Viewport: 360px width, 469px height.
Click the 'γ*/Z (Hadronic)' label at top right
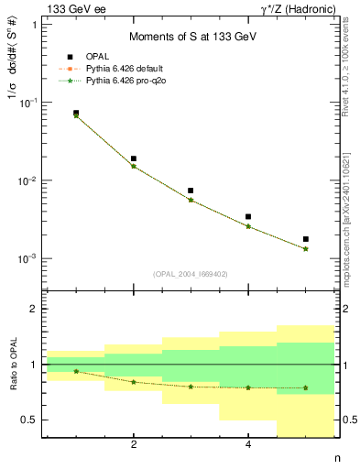(x=295, y=8)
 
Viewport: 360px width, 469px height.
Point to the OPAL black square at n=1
(x=76, y=113)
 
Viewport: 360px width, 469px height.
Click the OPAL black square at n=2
(x=134, y=158)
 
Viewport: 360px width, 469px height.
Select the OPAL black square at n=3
(x=191, y=191)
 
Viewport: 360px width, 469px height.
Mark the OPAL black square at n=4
(x=248, y=217)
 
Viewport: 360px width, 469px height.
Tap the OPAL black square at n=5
(x=306, y=239)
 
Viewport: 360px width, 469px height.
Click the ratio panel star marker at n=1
(x=76, y=371)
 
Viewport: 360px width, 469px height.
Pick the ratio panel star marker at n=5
(x=306, y=387)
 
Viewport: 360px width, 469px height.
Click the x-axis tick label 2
(x=134, y=445)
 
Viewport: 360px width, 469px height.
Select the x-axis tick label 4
(x=248, y=445)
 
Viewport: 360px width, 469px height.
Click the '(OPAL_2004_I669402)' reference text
(x=191, y=274)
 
